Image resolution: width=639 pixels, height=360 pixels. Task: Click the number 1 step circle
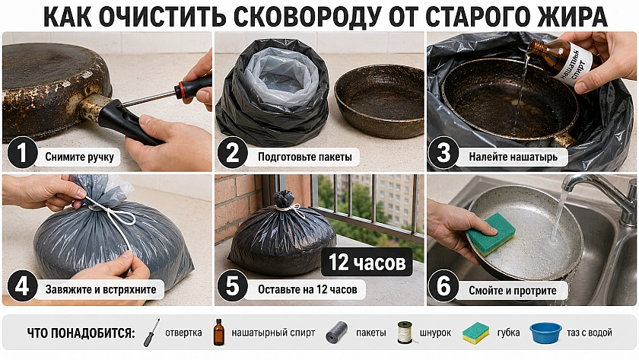coord(22,153)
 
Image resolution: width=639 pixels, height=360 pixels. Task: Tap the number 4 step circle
coord(22,286)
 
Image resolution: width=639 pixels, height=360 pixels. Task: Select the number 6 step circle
coord(443,286)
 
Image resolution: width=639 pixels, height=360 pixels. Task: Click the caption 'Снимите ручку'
coord(79,157)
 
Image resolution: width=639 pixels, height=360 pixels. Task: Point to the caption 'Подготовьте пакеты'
coord(305,157)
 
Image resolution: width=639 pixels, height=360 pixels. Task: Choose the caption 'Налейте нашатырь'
coord(513,157)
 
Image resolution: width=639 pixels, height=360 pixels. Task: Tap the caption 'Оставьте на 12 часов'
coord(307,290)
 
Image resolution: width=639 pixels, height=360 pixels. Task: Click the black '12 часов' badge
coord(367,262)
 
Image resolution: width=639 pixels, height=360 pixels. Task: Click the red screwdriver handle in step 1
coord(192,87)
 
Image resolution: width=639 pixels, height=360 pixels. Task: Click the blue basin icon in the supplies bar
coord(545,333)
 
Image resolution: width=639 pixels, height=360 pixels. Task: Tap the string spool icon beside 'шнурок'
coord(404,333)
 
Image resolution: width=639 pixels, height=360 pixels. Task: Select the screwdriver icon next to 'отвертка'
coord(151,333)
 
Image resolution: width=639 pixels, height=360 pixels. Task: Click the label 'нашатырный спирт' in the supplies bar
coord(273,333)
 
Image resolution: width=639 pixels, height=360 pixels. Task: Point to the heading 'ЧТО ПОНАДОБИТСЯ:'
coord(81,333)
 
